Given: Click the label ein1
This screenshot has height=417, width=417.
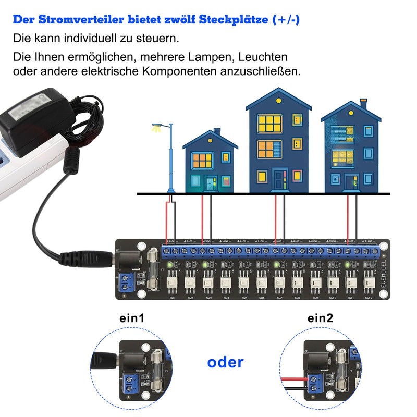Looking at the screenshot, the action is [x=131, y=318].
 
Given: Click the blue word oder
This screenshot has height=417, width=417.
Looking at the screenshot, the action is [x=225, y=362].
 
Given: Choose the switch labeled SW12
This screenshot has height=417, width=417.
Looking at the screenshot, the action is [x=369, y=284].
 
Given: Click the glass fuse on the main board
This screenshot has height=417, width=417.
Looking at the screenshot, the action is [x=153, y=269].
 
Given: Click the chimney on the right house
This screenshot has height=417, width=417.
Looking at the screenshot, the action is [x=363, y=104].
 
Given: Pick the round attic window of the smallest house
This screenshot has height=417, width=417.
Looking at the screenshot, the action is [x=210, y=140].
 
